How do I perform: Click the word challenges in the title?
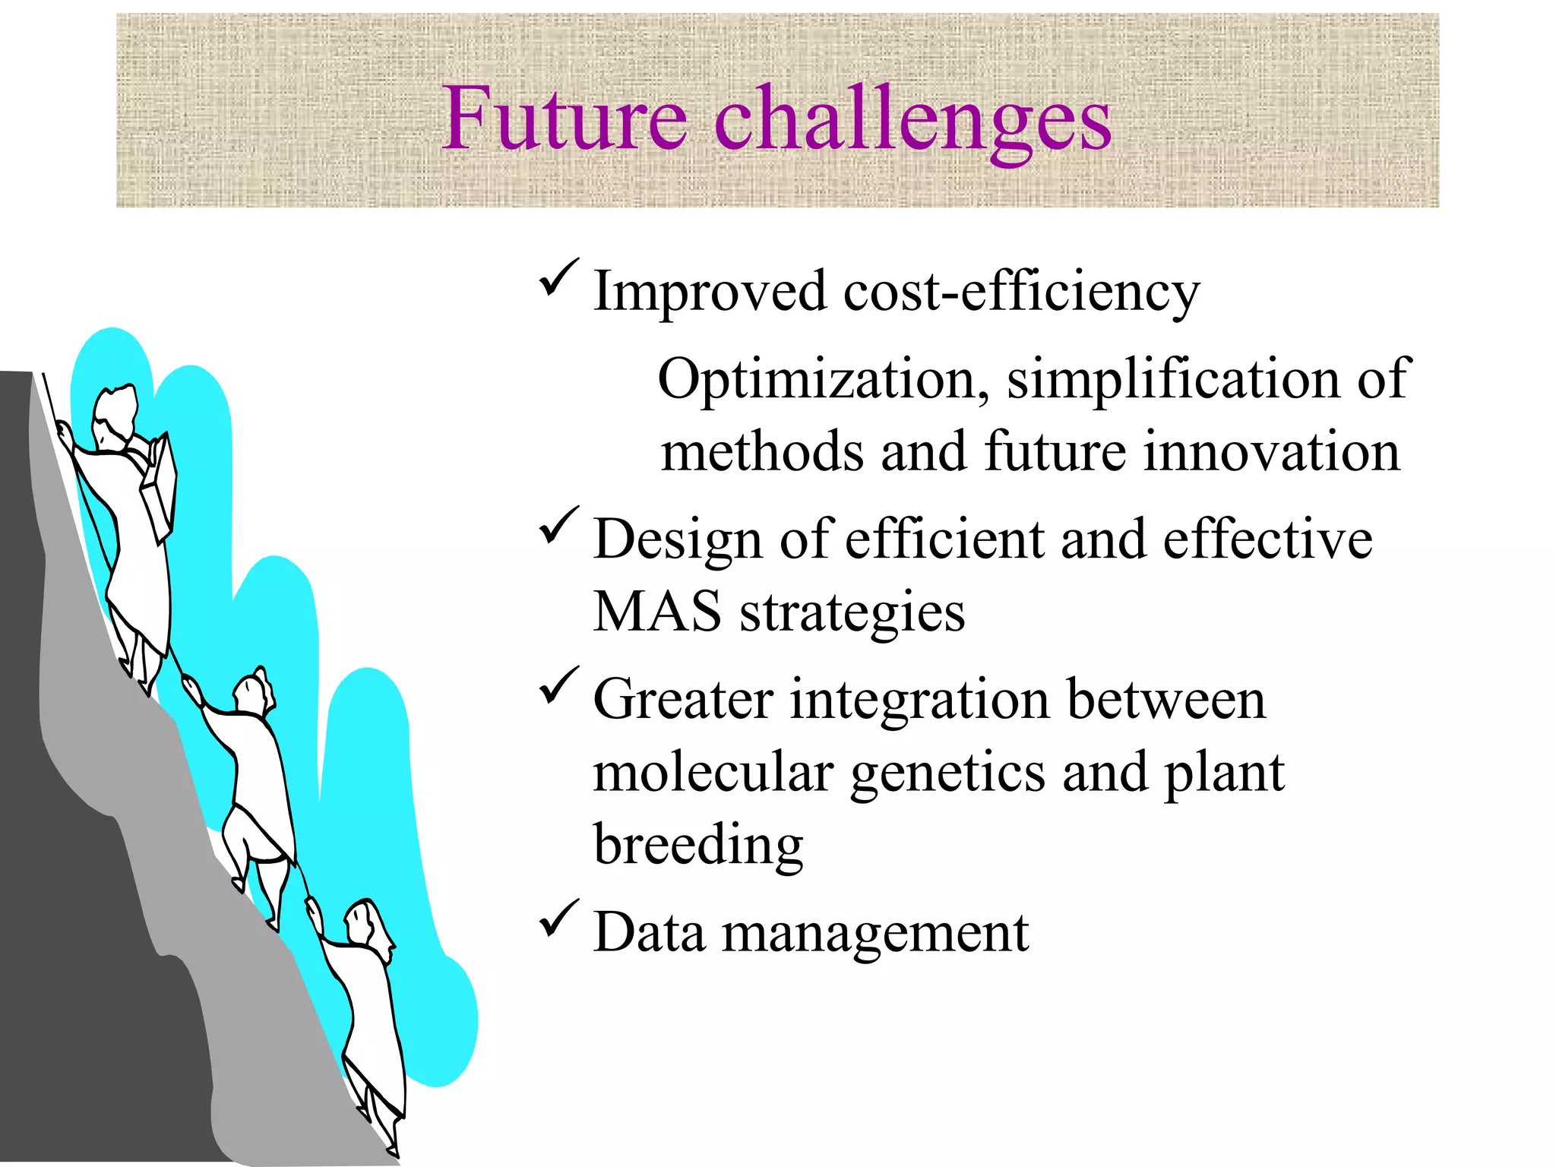[x=912, y=122]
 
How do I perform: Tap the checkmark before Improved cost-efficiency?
[x=558, y=278]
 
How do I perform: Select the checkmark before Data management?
[x=558, y=919]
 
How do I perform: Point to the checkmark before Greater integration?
[x=558, y=685]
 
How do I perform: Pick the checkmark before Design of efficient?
[x=558, y=526]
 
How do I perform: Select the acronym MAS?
[x=657, y=612]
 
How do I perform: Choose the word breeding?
[x=697, y=846]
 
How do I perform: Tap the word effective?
[x=1267, y=539]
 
